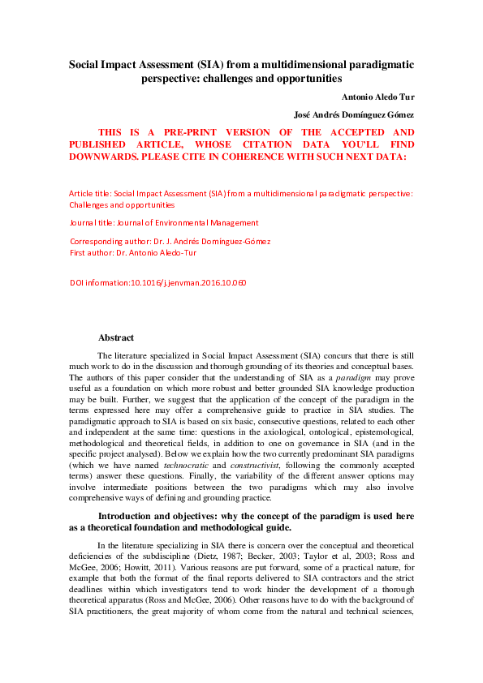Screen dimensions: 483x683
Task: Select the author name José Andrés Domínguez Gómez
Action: [354, 115]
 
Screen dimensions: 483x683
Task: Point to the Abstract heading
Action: [116, 337]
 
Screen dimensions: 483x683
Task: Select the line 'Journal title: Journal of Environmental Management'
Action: [165, 222]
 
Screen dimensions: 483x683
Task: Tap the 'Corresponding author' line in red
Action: [170, 241]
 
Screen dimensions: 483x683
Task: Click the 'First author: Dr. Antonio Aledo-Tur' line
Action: [133, 252]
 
